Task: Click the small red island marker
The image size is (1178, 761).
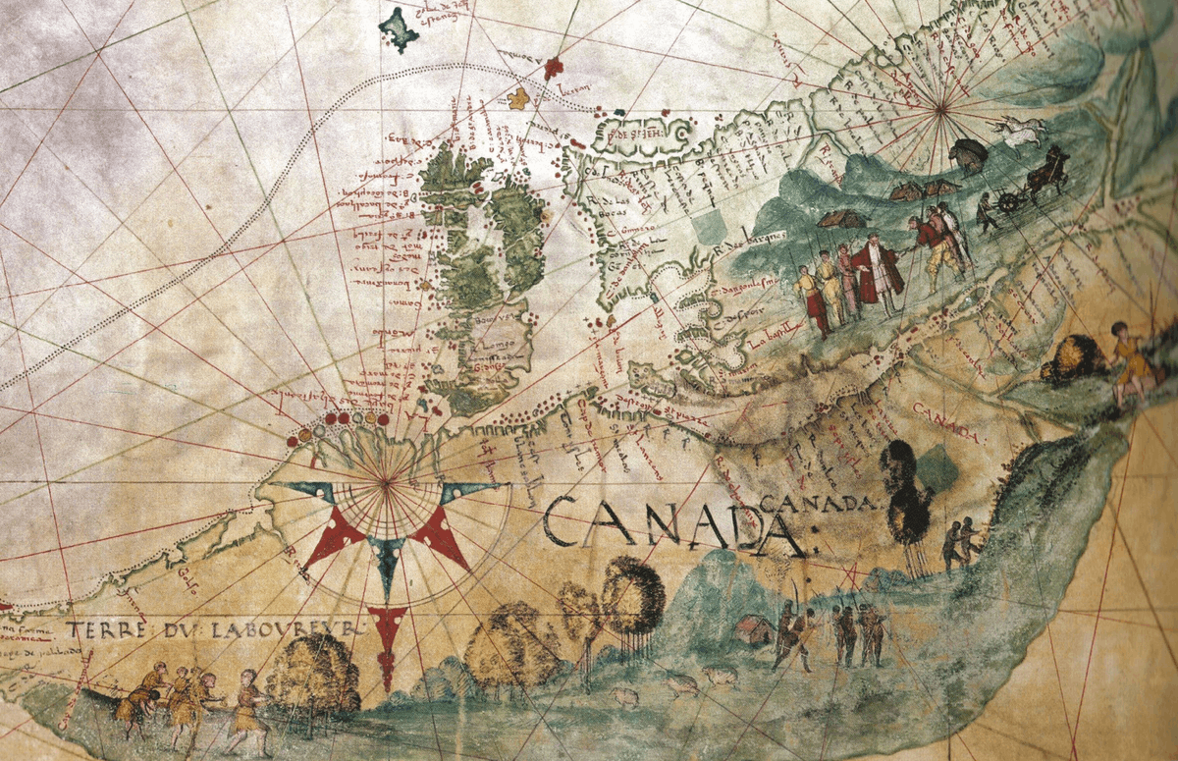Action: click(554, 67)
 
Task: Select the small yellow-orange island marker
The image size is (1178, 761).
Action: click(518, 98)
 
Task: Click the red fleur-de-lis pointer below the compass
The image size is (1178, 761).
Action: click(388, 633)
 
